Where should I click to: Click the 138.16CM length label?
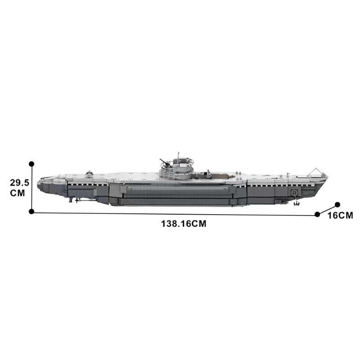point(184,224)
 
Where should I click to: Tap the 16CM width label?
point(340,216)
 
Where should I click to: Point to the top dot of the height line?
point(31,164)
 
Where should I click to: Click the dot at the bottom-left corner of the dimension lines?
point(31,211)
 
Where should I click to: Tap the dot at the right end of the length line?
point(318,214)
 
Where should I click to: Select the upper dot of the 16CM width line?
point(337,204)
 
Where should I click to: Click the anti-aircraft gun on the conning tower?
point(163,162)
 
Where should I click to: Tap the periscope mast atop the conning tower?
point(179,157)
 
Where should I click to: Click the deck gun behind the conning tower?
point(208,172)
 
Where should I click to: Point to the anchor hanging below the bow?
point(296,203)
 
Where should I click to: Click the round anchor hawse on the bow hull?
point(294,193)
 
